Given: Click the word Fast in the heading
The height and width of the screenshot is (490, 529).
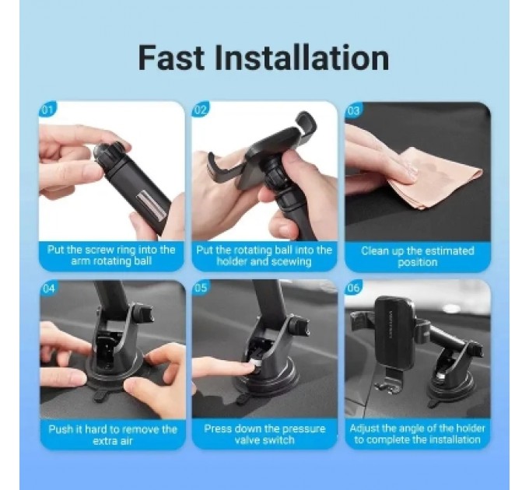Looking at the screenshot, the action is coord(171,58).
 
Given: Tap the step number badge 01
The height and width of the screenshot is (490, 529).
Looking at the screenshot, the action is coord(47,110).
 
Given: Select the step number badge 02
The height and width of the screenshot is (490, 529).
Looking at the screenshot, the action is coord(201,110).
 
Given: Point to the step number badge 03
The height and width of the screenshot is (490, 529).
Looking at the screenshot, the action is coord(353,110).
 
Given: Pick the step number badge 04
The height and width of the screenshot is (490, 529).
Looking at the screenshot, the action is coord(48,289).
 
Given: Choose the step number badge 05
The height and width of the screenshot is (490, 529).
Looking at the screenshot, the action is coord(201,288).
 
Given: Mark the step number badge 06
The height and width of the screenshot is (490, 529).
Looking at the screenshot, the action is coord(353,288).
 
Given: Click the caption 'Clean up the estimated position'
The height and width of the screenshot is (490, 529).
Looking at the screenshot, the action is coord(418,257).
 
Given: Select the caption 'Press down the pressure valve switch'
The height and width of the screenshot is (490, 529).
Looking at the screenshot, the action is coord(264,434).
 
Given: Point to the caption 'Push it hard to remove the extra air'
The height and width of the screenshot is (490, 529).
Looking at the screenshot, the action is coord(113,435).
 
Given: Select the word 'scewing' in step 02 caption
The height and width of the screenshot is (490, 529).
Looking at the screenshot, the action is coord(292,261).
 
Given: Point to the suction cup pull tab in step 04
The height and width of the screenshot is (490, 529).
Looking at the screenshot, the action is coord(100,396).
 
